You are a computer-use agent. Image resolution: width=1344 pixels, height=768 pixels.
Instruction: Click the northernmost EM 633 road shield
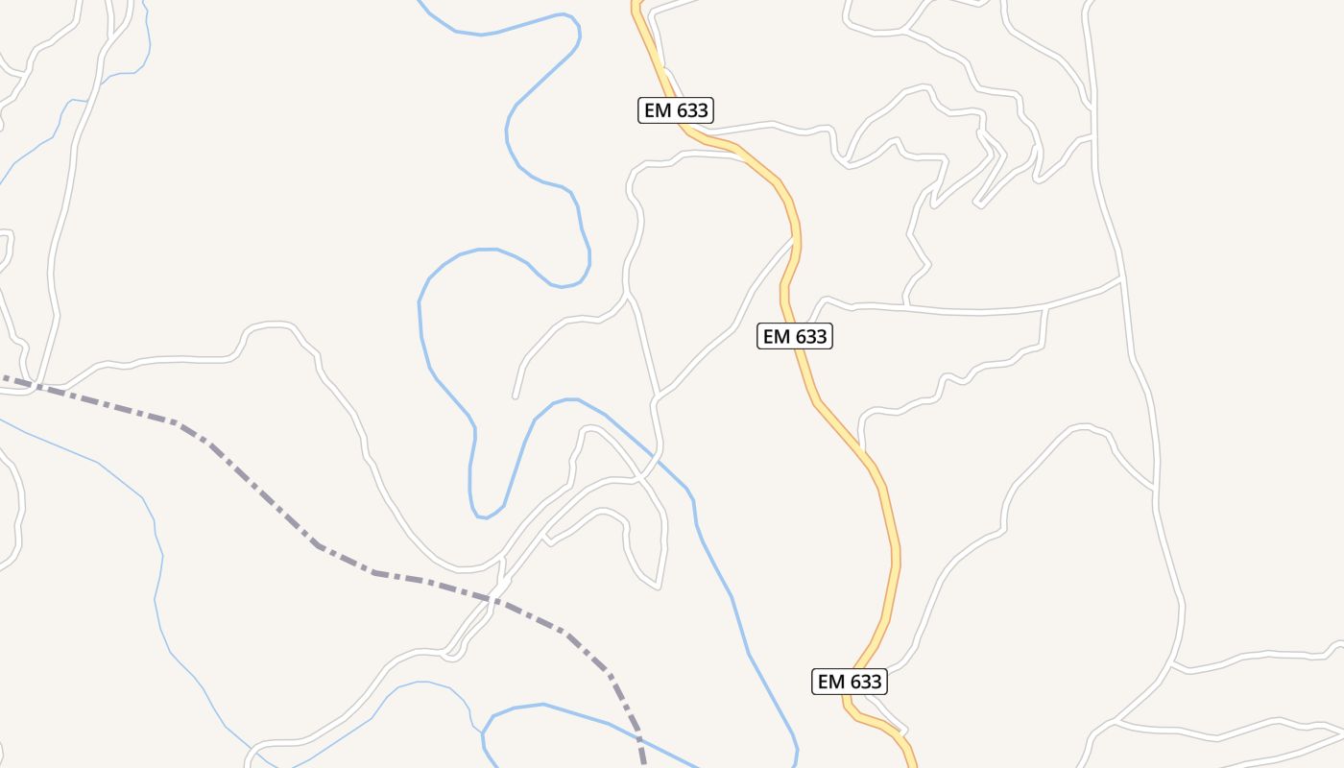coord(676,110)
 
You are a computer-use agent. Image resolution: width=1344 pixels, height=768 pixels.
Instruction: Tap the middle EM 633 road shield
coord(795,336)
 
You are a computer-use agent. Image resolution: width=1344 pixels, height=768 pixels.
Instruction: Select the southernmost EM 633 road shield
coord(849,682)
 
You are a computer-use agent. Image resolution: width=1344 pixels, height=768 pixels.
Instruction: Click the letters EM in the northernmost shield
coord(658,110)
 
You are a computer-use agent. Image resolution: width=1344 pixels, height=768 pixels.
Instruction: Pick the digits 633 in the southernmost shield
coord(866,682)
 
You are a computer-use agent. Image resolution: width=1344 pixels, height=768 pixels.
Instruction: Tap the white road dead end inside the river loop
coord(516,396)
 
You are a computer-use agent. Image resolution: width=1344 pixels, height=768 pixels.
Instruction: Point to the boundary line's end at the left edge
coord(2,378)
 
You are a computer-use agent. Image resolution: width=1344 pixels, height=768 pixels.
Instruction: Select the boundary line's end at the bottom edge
coord(643,765)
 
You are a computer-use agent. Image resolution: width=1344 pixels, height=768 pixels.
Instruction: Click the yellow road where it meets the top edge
coord(636,3)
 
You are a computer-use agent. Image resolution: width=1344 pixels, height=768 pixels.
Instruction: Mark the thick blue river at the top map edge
coord(421,3)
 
